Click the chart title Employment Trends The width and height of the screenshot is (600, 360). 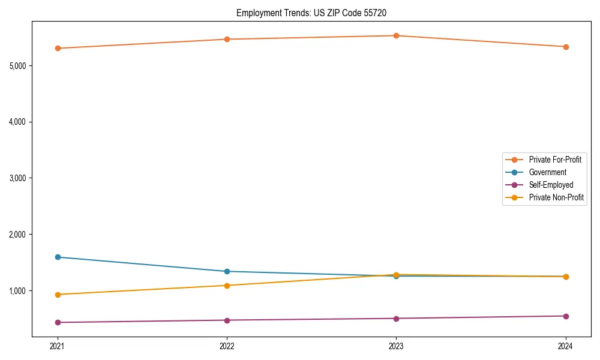coord(316,13)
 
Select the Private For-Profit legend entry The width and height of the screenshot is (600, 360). coord(555,160)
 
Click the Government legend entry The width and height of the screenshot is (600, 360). coord(547,172)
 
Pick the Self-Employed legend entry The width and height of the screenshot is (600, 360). coord(551,185)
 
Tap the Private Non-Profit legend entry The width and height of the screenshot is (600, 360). coord(556,197)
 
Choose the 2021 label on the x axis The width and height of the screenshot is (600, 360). coord(58,346)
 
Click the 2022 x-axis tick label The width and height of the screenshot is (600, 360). coord(227,346)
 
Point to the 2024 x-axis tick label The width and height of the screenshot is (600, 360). coord(566,346)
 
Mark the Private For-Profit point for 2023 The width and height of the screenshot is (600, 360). coord(396,35)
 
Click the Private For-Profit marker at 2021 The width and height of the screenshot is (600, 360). coord(58,48)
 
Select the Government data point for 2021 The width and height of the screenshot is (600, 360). coord(58,257)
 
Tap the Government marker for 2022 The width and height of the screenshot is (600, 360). coord(227,271)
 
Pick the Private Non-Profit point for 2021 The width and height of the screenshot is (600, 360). coord(58,295)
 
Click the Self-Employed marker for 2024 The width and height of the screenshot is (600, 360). coord(566,316)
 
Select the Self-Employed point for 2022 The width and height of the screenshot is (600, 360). coord(227,320)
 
